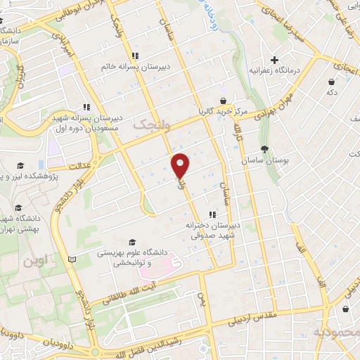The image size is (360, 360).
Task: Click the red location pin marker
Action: click(x=181, y=166)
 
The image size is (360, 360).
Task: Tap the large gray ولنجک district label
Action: click(x=150, y=124)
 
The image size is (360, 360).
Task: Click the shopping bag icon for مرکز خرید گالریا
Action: click(x=223, y=100)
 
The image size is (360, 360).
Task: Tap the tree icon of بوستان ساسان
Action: click(x=264, y=149)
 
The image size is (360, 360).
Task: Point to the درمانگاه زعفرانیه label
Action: click(x=274, y=71)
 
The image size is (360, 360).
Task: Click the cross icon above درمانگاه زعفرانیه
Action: click(x=274, y=60)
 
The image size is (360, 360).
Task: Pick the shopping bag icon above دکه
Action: click(x=330, y=81)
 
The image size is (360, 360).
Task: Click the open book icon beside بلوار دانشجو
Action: click(x=71, y=259)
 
